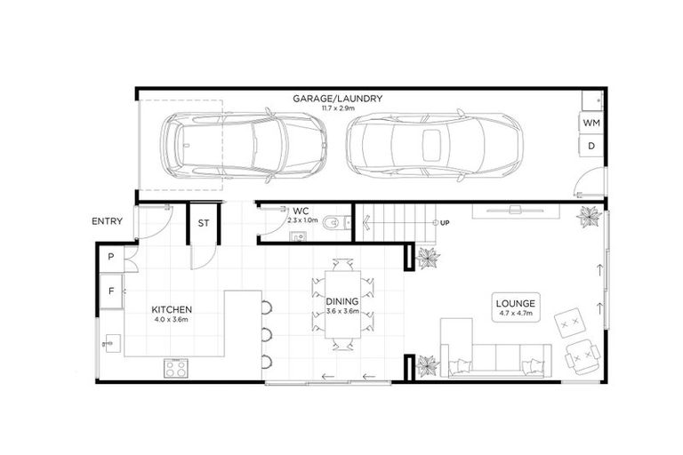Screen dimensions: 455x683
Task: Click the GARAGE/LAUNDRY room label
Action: pos(337,98)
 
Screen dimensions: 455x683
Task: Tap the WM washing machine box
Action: pos(591,123)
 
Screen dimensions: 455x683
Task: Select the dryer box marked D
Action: pos(591,146)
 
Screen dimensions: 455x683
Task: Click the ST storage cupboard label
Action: pos(203,224)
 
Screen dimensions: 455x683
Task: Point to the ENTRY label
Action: pos(107,221)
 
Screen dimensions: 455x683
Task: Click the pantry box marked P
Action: pos(111,257)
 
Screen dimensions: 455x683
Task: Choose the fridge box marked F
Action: pos(111,291)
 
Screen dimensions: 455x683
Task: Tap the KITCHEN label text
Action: pos(173,309)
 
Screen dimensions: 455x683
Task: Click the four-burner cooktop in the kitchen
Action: pos(176,366)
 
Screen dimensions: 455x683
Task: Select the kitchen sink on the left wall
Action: pos(110,341)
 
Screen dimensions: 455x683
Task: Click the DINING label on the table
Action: pos(341,301)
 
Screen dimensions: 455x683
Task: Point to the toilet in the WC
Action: pos(333,222)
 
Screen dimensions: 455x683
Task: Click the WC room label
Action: pos(300,211)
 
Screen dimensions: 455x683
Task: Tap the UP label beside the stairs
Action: pos(445,221)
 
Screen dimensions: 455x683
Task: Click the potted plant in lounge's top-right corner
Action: pos(588,216)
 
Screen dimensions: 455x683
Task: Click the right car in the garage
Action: pos(433,143)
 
